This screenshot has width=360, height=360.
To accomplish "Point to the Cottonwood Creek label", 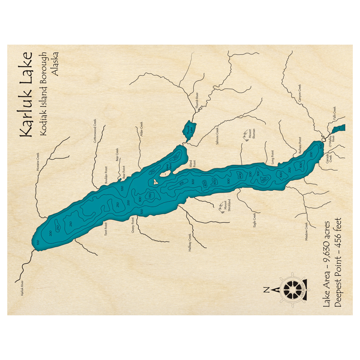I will [x=95, y=131].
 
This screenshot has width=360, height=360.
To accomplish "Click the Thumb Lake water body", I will [x=189, y=130].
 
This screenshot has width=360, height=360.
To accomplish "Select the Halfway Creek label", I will [x=190, y=242].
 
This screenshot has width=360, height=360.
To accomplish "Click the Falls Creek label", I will [x=334, y=113].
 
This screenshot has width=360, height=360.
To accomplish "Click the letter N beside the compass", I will [x=266, y=289].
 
